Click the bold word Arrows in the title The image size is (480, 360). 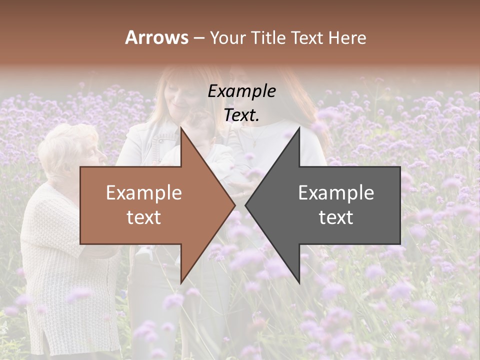click(156, 37)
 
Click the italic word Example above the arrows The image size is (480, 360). click(241, 91)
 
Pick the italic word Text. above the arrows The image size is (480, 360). click(241, 115)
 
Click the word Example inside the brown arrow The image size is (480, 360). click(144, 192)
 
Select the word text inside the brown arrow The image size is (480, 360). click(144, 217)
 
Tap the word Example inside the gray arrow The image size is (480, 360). click(336, 192)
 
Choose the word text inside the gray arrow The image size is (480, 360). click(336, 217)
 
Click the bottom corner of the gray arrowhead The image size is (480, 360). click(299, 282)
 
